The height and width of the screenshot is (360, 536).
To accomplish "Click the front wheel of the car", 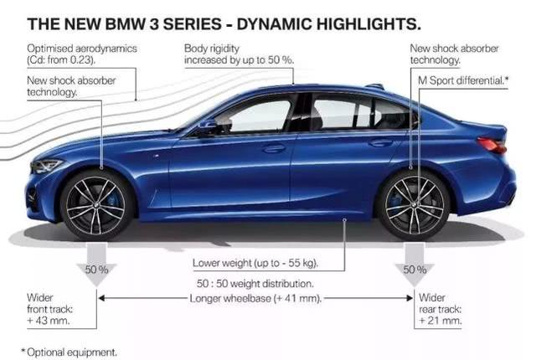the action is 96,206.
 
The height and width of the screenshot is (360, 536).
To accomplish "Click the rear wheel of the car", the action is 414,205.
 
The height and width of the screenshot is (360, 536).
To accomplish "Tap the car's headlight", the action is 46,165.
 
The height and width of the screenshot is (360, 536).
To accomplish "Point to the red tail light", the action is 492,145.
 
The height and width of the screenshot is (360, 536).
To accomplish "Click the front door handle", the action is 274,148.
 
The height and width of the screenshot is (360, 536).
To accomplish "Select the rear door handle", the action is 380,142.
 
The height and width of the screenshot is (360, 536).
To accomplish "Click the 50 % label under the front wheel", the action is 97,270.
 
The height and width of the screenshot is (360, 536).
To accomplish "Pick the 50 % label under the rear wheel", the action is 415,270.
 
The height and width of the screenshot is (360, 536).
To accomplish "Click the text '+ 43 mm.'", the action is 49,321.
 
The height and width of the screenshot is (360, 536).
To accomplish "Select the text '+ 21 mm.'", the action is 441,321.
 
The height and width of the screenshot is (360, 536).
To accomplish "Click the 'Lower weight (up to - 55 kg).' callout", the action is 255,264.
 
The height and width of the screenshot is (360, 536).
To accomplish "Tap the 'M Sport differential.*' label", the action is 463,80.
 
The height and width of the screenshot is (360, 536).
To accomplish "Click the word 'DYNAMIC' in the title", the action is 274,24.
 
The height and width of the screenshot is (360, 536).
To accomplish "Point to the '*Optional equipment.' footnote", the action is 69,352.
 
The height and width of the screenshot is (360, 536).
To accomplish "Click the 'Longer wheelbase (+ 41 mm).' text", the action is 255,299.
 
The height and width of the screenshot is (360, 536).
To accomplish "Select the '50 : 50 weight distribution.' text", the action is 255,284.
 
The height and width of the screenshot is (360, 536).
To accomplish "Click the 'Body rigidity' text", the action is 212,49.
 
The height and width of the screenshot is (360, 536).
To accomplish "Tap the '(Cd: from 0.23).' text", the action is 61,59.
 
